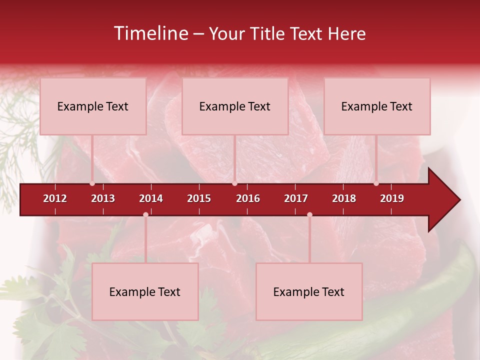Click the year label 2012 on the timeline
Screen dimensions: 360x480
(x=55, y=198)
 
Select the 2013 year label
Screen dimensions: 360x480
(x=103, y=198)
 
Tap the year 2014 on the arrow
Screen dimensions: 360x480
(x=151, y=198)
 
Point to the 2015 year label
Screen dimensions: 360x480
(x=199, y=198)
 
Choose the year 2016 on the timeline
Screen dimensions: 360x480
(x=248, y=198)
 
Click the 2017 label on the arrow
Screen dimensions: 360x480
(x=296, y=198)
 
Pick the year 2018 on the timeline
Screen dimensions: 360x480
(x=344, y=198)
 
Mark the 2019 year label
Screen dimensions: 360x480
(x=392, y=198)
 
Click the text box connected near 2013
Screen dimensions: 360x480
(x=93, y=106)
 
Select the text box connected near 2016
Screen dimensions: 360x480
(x=235, y=106)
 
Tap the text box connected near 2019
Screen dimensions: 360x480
(x=377, y=106)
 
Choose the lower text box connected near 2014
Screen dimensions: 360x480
(x=145, y=292)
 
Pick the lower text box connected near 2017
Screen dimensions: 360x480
(x=309, y=292)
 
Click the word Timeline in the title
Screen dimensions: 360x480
(x=150, y=33)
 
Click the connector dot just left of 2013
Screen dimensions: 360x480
(x=92, y=183)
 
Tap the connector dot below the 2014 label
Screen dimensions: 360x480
(x=145, y=214)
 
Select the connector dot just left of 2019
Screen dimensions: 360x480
(x=376, y=183)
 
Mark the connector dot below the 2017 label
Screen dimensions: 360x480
(x=309, y=214)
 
